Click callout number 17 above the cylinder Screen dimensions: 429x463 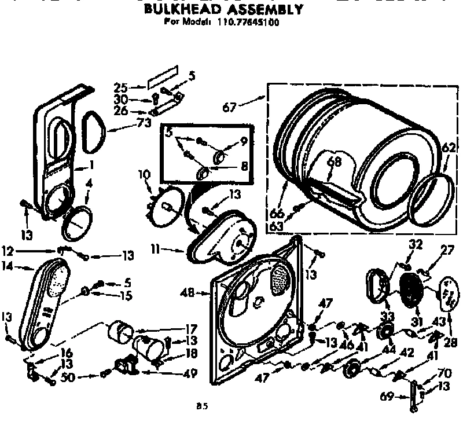point(192,327)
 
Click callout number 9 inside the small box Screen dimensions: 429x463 point(244,140)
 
